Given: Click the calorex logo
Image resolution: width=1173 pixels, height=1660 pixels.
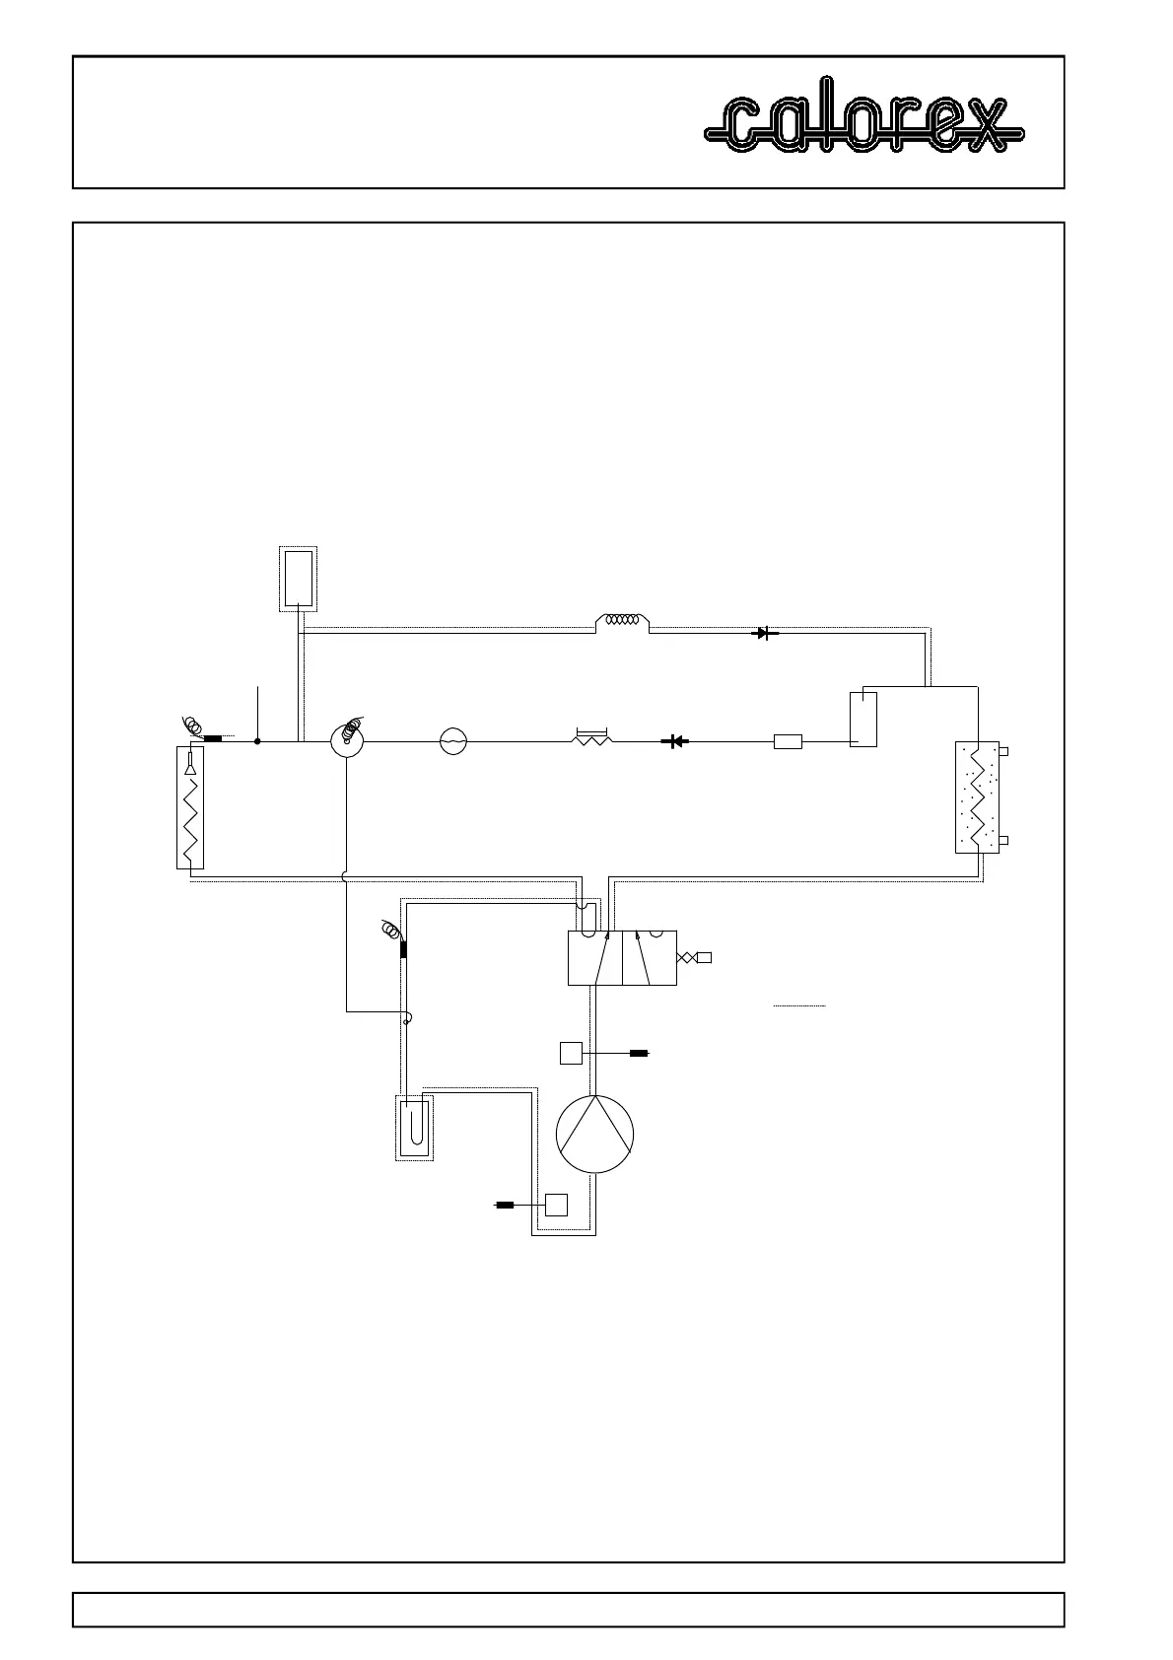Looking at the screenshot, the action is (x=863, y=123).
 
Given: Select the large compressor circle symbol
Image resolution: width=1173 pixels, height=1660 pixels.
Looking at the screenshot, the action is (x=594, y=1134).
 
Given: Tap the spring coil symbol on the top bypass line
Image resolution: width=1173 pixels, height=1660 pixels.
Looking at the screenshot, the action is (x=623, y=621).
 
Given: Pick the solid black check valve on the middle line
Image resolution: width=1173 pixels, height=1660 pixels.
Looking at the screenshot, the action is (x=675, y=741).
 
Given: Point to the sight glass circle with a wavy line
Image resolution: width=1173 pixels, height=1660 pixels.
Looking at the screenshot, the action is (x=452, y=741).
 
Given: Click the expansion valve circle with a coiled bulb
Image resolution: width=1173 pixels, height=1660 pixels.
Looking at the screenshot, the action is (x=347, y=739).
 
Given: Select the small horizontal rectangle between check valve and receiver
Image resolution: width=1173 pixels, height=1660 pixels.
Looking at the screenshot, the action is (x=788, y=741).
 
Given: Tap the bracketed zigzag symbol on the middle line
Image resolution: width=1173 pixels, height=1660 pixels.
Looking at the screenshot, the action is (x=592, y=737).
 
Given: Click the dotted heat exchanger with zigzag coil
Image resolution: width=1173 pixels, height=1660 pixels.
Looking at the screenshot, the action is (x=977, y=796).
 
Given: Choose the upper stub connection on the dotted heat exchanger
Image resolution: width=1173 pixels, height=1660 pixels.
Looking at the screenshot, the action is (x=1003, y=752).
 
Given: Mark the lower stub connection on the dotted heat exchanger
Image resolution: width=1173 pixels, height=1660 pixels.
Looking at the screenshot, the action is (x=1003, y=841).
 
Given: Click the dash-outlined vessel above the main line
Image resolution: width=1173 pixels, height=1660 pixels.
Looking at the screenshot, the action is (x=298, y=578).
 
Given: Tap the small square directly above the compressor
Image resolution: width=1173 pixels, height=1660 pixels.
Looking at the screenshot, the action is (x=571, y=1053).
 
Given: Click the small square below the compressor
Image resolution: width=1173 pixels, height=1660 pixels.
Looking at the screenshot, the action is (x=557, y=1205).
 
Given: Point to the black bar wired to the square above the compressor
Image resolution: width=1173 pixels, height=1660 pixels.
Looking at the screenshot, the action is (x=639, y=1053).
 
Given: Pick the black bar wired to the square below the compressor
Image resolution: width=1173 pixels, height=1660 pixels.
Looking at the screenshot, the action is (x=504, y=1205).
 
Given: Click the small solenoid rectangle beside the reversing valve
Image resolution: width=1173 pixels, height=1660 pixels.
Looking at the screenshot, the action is (x=704, y=957).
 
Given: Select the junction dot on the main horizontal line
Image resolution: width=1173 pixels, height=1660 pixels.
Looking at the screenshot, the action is (x=257, y=741).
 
